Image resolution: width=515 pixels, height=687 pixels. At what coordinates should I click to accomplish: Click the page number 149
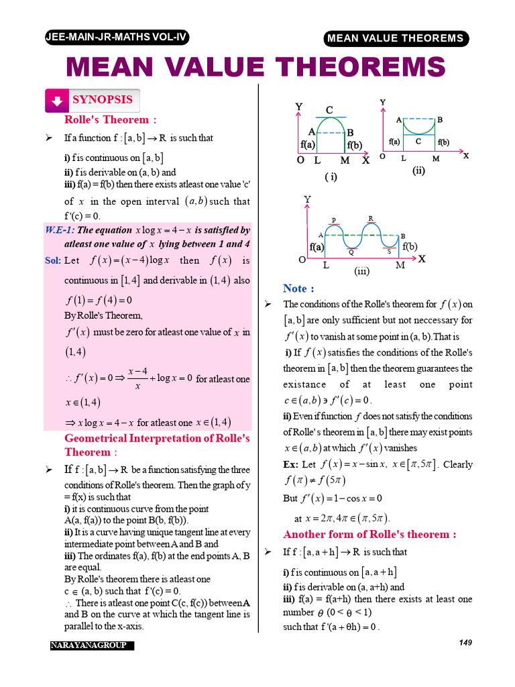(x=465, y=643)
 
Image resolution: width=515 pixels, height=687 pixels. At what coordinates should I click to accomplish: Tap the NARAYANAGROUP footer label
(x=92, y=645)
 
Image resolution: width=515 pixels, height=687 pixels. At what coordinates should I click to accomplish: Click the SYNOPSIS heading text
(x=103, y=100)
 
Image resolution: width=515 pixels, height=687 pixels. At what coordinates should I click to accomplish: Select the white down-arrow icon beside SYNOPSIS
(x=57, y=101)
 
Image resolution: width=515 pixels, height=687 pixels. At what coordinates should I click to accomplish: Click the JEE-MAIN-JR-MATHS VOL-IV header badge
(x=116, y=38)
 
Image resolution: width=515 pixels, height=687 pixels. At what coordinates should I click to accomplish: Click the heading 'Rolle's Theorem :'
(x=110, y=120)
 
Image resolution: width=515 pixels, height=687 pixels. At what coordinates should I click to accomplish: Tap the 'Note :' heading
(x=298, y=288)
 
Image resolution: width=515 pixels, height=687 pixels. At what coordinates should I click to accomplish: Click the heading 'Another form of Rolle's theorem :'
(x=369, y=535)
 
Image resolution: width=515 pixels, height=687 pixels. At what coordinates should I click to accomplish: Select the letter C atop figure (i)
(x=329, y=109)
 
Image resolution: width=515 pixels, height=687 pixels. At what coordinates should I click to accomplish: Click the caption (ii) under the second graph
(x=419, y=171)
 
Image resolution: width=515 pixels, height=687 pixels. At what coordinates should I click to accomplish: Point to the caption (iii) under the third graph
(x=362, y=272)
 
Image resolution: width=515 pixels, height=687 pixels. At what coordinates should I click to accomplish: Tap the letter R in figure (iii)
(x=371, y=218)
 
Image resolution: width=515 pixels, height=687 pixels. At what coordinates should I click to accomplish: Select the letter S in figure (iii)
(x=389, y=252)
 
